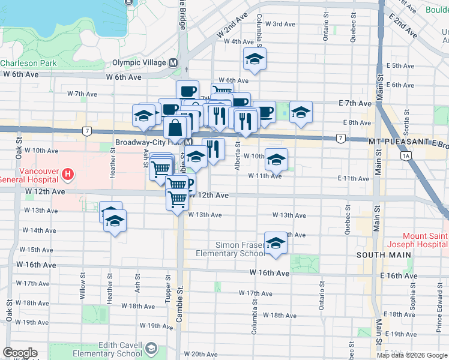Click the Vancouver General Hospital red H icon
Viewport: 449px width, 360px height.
tap(68, 175)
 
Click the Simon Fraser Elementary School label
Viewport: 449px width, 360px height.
tap(231, 249)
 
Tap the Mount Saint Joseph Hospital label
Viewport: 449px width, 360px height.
tap(425, 240)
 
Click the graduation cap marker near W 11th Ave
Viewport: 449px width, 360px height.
tap(276, 160)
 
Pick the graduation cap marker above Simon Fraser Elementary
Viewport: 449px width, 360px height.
tap(276, 243)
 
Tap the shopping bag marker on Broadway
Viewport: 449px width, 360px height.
tap(175, 128)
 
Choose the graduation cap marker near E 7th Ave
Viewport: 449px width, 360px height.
tap(301, 112)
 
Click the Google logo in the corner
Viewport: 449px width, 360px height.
tap(20, 353)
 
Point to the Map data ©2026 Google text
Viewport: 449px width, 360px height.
tap(412, 355)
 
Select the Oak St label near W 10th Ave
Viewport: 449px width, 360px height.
tap(19, 151)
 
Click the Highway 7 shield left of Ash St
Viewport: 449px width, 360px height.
tap(88, 130)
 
